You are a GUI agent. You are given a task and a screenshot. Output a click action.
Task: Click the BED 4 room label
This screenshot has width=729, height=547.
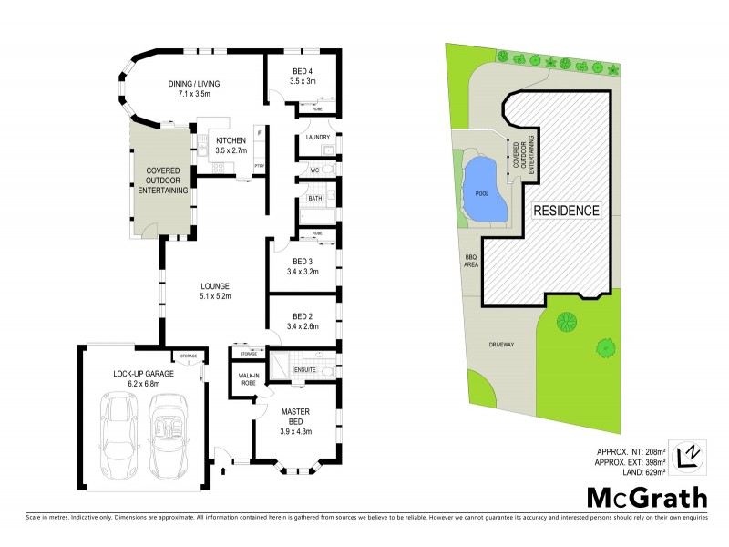coord(303,71)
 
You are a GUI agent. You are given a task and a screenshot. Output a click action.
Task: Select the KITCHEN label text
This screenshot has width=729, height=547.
coord(231,139)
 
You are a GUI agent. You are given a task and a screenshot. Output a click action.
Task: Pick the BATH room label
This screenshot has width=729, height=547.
coord(314,198)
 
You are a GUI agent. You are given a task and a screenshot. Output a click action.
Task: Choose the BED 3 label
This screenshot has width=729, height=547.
coord(302,262)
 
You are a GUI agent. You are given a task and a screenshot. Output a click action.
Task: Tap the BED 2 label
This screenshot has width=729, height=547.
coord(302,316)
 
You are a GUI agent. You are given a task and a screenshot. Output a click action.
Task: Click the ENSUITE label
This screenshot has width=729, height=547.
coord(303,370)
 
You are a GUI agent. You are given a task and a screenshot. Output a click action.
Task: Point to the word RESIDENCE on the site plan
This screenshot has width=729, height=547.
coord(566,210)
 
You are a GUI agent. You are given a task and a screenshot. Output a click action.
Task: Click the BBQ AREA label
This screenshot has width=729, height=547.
coord(470,262)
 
